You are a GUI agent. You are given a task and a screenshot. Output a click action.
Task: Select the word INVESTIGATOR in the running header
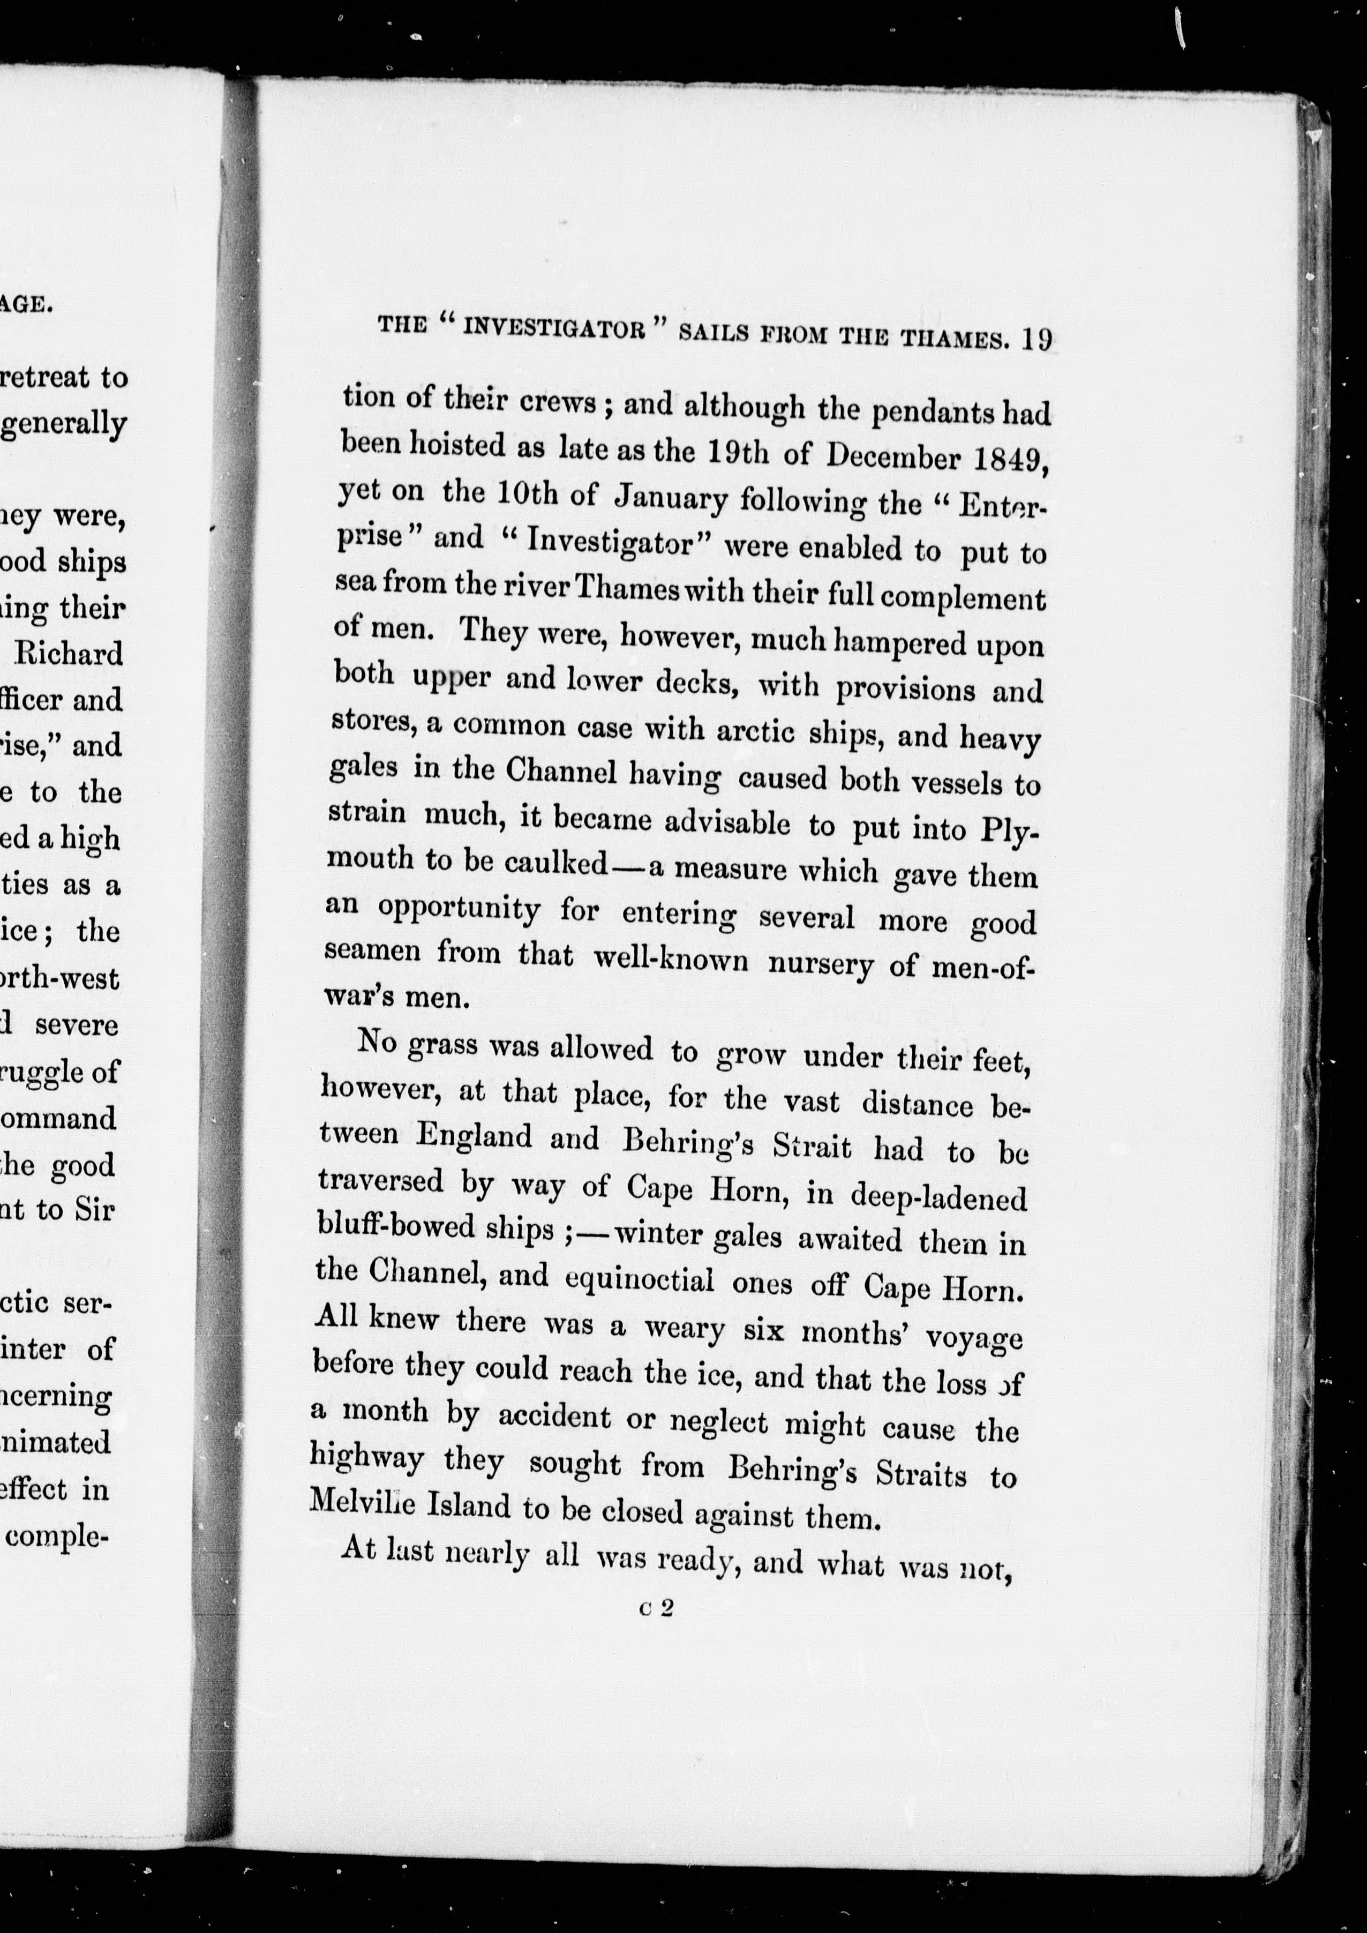click(x=554, y=327)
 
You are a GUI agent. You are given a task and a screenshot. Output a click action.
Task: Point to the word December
click(x=893, y=456)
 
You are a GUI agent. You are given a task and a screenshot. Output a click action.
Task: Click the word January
click(x=670, y=498)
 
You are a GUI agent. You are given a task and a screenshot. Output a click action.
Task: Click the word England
click(x=475, y=1135)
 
